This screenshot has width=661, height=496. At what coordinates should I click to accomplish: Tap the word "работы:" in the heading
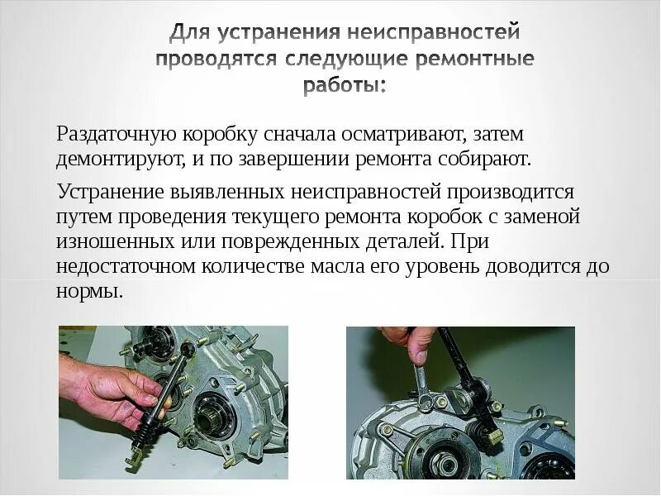pyautogui.click(x=344, y=86)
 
